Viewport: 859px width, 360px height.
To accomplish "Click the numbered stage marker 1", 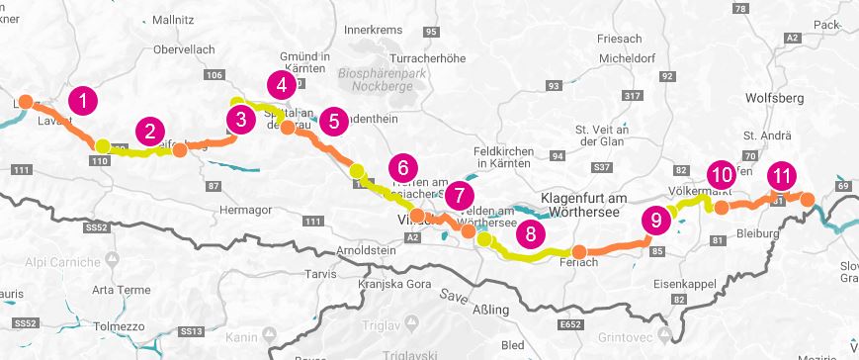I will coord(84,100).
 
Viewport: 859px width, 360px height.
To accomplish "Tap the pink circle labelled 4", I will coord(282,84).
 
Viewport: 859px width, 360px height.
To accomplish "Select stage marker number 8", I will coord(530,233).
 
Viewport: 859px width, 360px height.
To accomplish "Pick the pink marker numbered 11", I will coord(781,176).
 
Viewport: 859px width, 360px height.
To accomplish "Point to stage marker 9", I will coord(653,220).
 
